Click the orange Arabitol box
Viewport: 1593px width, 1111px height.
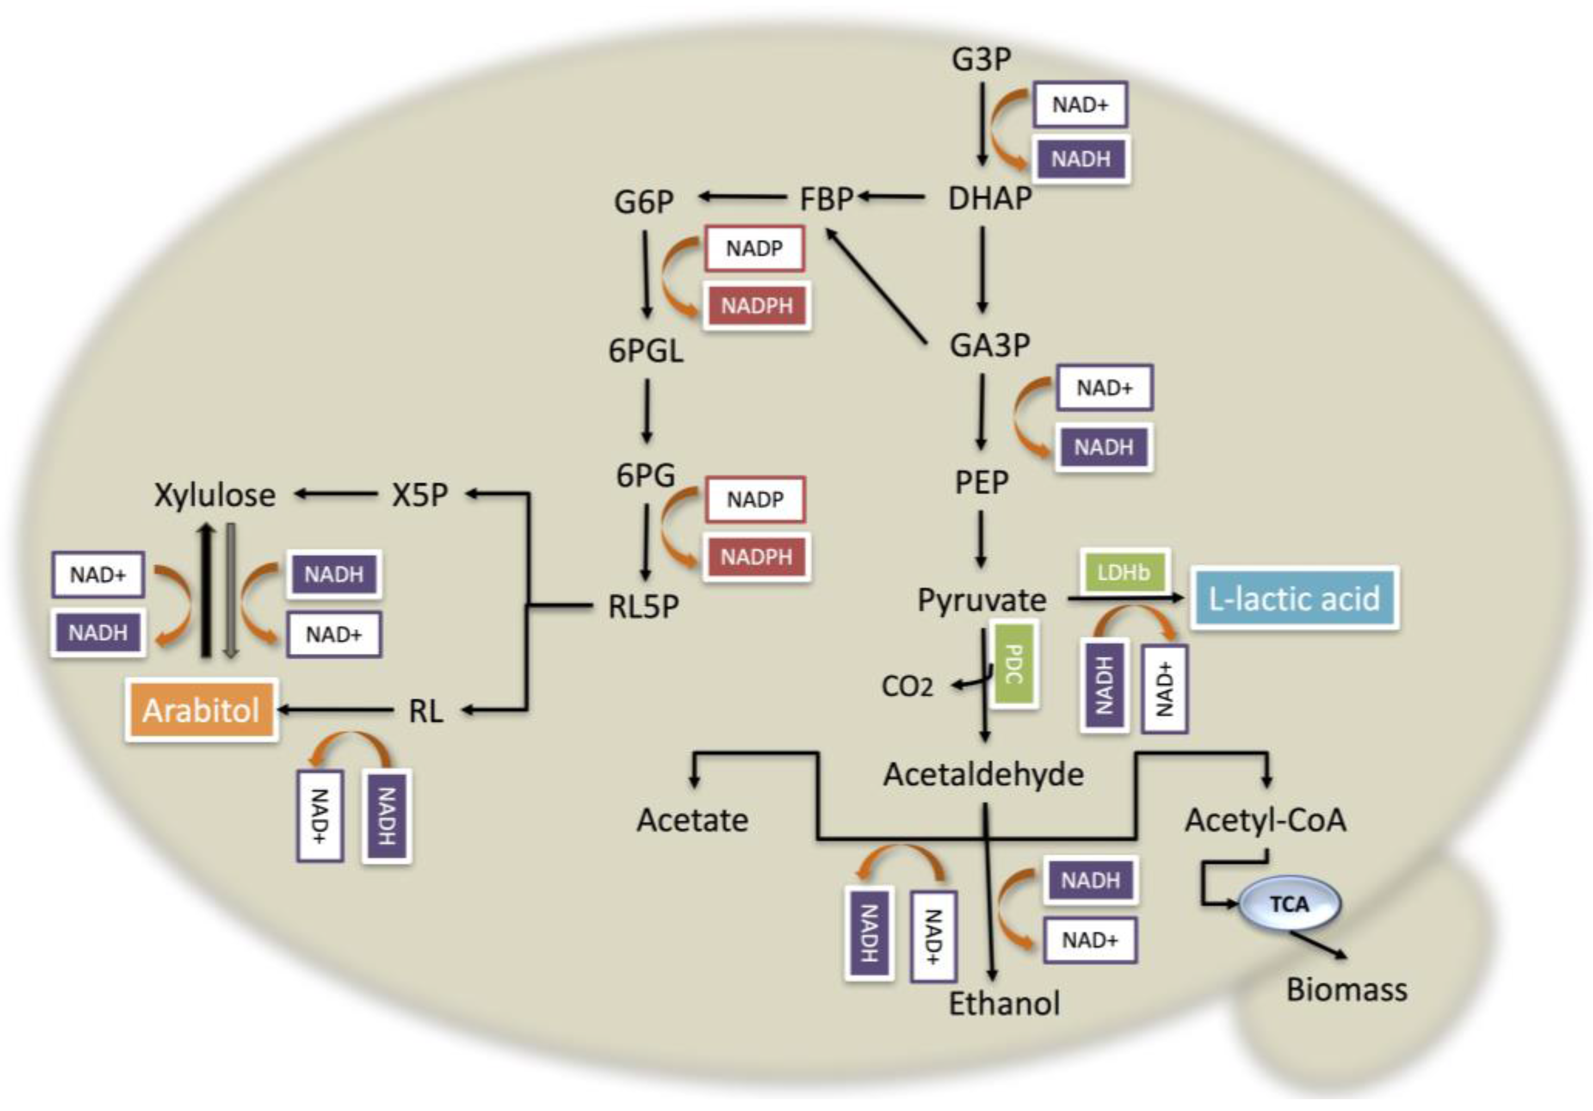tap(201, 710)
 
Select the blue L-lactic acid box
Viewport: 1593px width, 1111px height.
tap(1294, 599)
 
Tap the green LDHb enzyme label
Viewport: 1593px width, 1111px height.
tap(1123, 572)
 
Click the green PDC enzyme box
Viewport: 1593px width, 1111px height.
tap(1013, 665)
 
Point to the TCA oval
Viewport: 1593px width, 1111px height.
tap(1289, 904)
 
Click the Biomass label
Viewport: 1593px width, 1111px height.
tap(1346, 990)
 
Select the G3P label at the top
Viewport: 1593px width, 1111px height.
tap(981, 59)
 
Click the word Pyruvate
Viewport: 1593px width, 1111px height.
tap(981, 600)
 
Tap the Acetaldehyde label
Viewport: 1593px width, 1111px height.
tap(983, 775)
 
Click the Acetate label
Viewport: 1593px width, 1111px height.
tap(692, 820)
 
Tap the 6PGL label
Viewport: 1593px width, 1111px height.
tap(645, 351)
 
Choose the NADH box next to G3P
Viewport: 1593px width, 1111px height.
tap(1080, 159)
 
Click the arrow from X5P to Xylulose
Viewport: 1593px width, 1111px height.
tap(336, 494)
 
